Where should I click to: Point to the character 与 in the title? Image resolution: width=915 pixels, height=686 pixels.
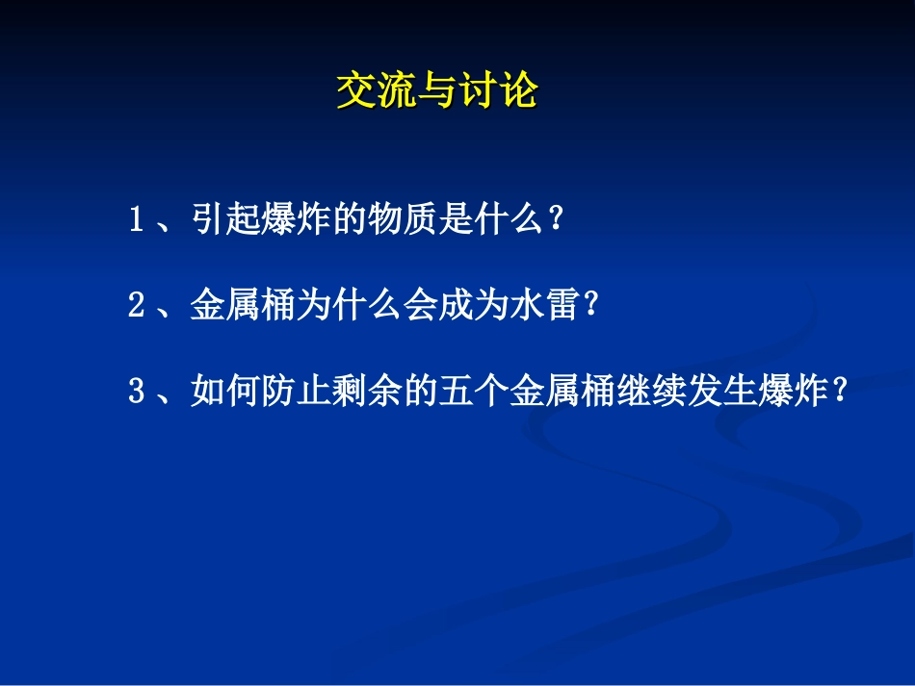point(436,92)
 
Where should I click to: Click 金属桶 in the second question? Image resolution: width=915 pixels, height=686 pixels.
point(237,307)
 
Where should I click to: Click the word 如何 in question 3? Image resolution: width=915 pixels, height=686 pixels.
point(222,393)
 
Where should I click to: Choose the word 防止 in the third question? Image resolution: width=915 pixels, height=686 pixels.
point(284,393)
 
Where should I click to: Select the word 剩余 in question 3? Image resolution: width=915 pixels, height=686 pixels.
point(347,393)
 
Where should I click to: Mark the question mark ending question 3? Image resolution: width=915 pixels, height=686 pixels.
point(840,393)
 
